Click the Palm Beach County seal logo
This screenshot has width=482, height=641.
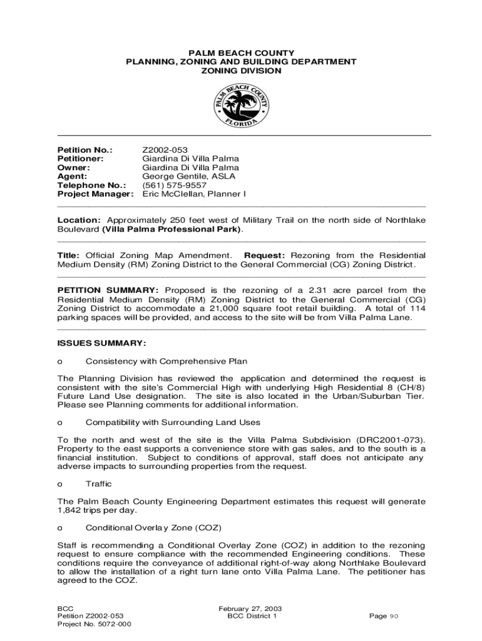(x=241, y=105)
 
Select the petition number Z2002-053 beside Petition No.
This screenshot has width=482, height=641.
(x=165, y=150)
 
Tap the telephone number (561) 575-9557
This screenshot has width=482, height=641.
(x=175, y=185)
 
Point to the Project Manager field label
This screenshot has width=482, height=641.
(x=95, y=194)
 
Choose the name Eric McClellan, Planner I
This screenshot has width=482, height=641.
(x=194, y=194)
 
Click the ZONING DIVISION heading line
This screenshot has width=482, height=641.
(x=241, y=71)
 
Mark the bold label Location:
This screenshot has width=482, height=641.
(x=79, y=220)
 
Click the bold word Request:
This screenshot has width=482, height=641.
(x=264, y=255)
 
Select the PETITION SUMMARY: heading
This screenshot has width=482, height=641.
(x=108, y=290)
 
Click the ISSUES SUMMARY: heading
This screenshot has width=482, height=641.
(x=101, y=343)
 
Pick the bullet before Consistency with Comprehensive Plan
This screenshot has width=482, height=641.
(x=60, y=361)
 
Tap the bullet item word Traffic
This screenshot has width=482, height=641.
(x=99, y=484)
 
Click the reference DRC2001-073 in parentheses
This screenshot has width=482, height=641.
(x=386, y=440)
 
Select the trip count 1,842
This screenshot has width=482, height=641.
(x=69, y=510)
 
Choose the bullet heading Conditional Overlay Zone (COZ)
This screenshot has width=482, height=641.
(x=153, y=528)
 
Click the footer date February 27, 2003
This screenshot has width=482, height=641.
(x=250, y=608)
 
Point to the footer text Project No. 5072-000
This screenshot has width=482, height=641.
(x=94, y=624)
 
